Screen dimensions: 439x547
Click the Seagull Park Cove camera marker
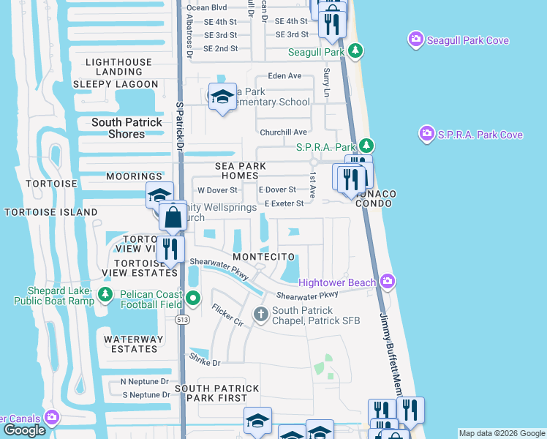click(416, 39)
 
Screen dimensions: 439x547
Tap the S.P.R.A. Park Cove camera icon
click(427, 134)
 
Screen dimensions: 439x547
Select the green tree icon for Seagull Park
click(355, 50)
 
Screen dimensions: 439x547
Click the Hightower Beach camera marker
click(388, 282)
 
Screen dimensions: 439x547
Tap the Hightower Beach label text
click(337, 282)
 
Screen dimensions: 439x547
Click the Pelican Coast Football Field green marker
click(193, 298)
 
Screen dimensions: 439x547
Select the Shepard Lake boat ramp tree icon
click(105, 294)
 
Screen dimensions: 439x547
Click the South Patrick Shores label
click(127, 128)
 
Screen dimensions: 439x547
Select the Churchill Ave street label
click(284, 132)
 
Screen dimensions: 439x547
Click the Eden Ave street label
click(285, 76)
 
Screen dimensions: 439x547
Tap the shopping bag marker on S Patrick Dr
click(173, 218)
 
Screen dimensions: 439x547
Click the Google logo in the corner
click(25, 430)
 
